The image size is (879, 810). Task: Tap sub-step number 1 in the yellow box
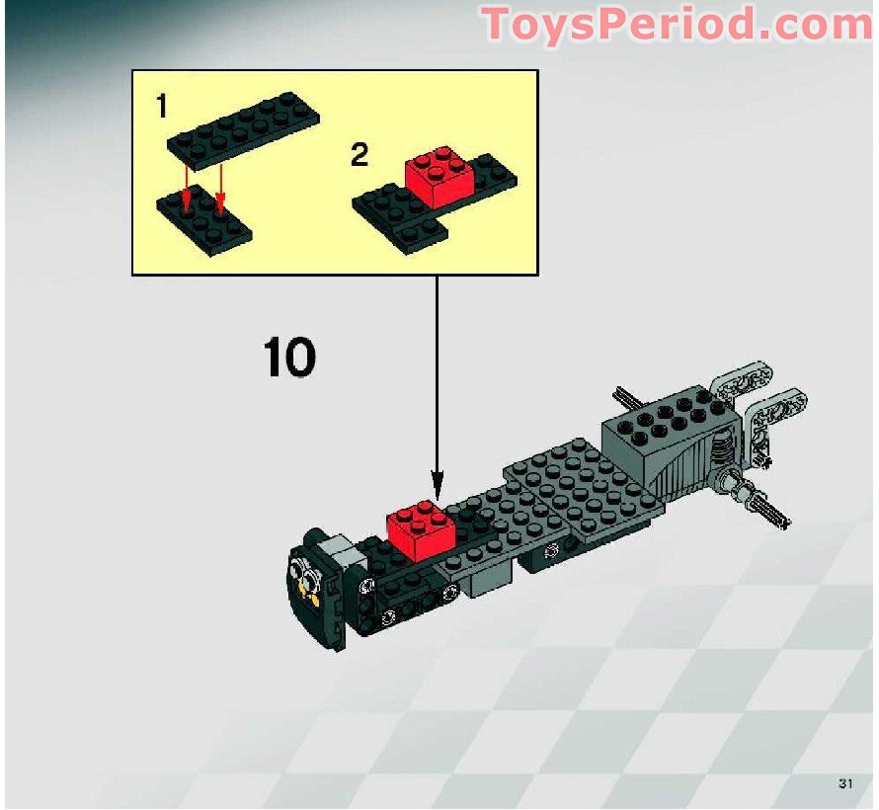(160, 107)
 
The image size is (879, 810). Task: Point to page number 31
(844, 784)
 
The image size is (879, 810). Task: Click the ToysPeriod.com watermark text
(679, 25)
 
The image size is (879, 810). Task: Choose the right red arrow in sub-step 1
(220, 188)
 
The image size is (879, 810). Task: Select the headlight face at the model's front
(308, 584)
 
